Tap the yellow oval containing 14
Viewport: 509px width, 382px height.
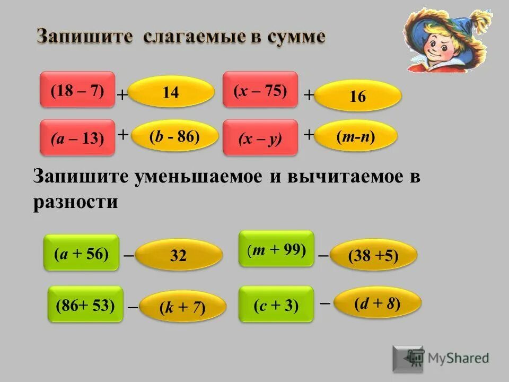(171, 93)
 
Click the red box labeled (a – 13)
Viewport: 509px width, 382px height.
(77, 138)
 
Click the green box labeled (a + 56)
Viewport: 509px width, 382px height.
(81, 253)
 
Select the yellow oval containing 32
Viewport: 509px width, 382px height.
(179, 256)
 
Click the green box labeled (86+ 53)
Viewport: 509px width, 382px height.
(85, 305)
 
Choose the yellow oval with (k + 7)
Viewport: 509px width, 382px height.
(182, 307)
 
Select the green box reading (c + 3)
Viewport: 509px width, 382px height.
(276, 305)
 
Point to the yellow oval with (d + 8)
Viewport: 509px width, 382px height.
(377, 303)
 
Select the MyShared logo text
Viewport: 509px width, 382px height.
(459, 358)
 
